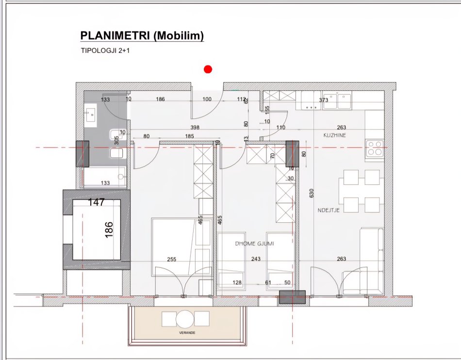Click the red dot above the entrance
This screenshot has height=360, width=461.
click(x=208, y=69)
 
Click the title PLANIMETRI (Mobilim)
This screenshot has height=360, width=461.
click(x=142, y=36)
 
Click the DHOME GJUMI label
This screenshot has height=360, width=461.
click(x=254, y=244)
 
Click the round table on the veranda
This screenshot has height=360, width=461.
click(x=185, y=319)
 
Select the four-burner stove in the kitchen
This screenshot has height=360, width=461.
click(x=374, y=147)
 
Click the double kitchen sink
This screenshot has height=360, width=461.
click(x=338, y=101)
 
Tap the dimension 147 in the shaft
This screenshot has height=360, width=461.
click(x=96, y=202)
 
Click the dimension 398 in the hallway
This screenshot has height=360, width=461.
click(x=195, y=128)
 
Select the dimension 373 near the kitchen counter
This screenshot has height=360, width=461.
click(x=324, y=100)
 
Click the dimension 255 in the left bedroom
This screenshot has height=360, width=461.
click(x=171, y=259)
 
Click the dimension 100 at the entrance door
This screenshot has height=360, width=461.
click(x=207, y=99)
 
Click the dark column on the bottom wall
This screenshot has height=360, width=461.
click(x=292, y=297)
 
